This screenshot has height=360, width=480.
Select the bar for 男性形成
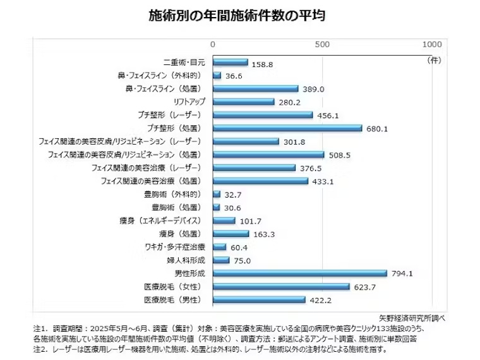(300, 273)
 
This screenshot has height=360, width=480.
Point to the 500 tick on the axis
(322, 45)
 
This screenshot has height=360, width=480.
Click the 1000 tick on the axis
(432, 45)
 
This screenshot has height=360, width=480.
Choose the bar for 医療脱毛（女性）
(281, 286)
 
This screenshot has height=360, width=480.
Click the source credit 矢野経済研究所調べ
(412, 317)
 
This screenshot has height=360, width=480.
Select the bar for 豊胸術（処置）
(217, 207)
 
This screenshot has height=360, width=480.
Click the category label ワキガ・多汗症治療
(173, 247)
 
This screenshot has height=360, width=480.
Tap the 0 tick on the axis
(213, 45)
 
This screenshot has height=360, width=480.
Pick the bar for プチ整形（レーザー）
(263, 115)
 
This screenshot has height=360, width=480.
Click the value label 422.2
(321, 300)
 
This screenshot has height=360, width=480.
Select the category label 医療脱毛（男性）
(172, 299)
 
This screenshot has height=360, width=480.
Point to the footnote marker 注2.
(40, 349)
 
